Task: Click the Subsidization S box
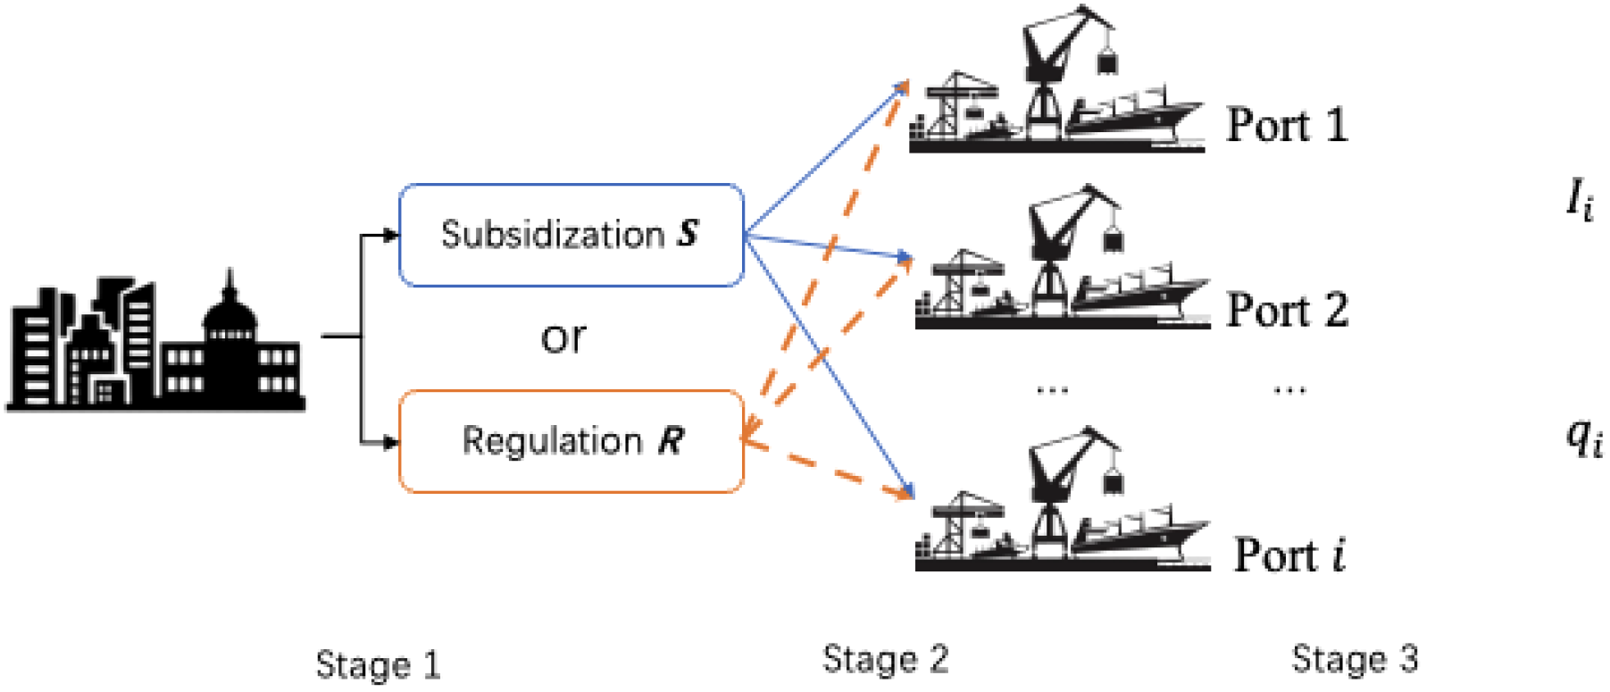point(571,235)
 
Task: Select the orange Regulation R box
point(571,441)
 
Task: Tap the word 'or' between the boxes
point(563,338)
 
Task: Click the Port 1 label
point(1286,124)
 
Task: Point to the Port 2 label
point(1286,310)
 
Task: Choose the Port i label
point(1289,554)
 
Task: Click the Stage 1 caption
point(378,665)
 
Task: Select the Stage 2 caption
point(884,659)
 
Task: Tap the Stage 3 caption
point(1354,659)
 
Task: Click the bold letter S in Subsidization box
point(687,234)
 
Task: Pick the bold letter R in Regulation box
point(671,440)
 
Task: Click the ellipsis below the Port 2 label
point(1289,389)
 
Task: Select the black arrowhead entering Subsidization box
point(390,236)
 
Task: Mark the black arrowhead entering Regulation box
point(390,442)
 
